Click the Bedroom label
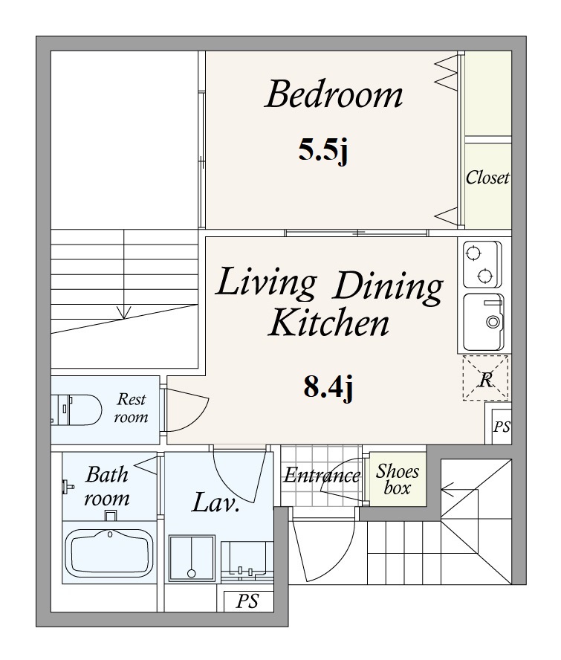point(334,94)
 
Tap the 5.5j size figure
point(323,151)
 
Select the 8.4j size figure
point(328,386)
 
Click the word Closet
point(487,178)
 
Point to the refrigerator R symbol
point(485,378)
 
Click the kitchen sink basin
point(484,323)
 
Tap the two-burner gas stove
point(482,265)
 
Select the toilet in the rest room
point(77,409)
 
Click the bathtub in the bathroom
point(109,553)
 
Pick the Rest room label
point(132,407)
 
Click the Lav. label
point(215,502)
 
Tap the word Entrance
point(322,476)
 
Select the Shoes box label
point(398,479)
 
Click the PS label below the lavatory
point(247,601)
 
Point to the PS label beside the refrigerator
point(502,427)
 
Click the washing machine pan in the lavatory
point(192,558)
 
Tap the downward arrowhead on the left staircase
point(124,312)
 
